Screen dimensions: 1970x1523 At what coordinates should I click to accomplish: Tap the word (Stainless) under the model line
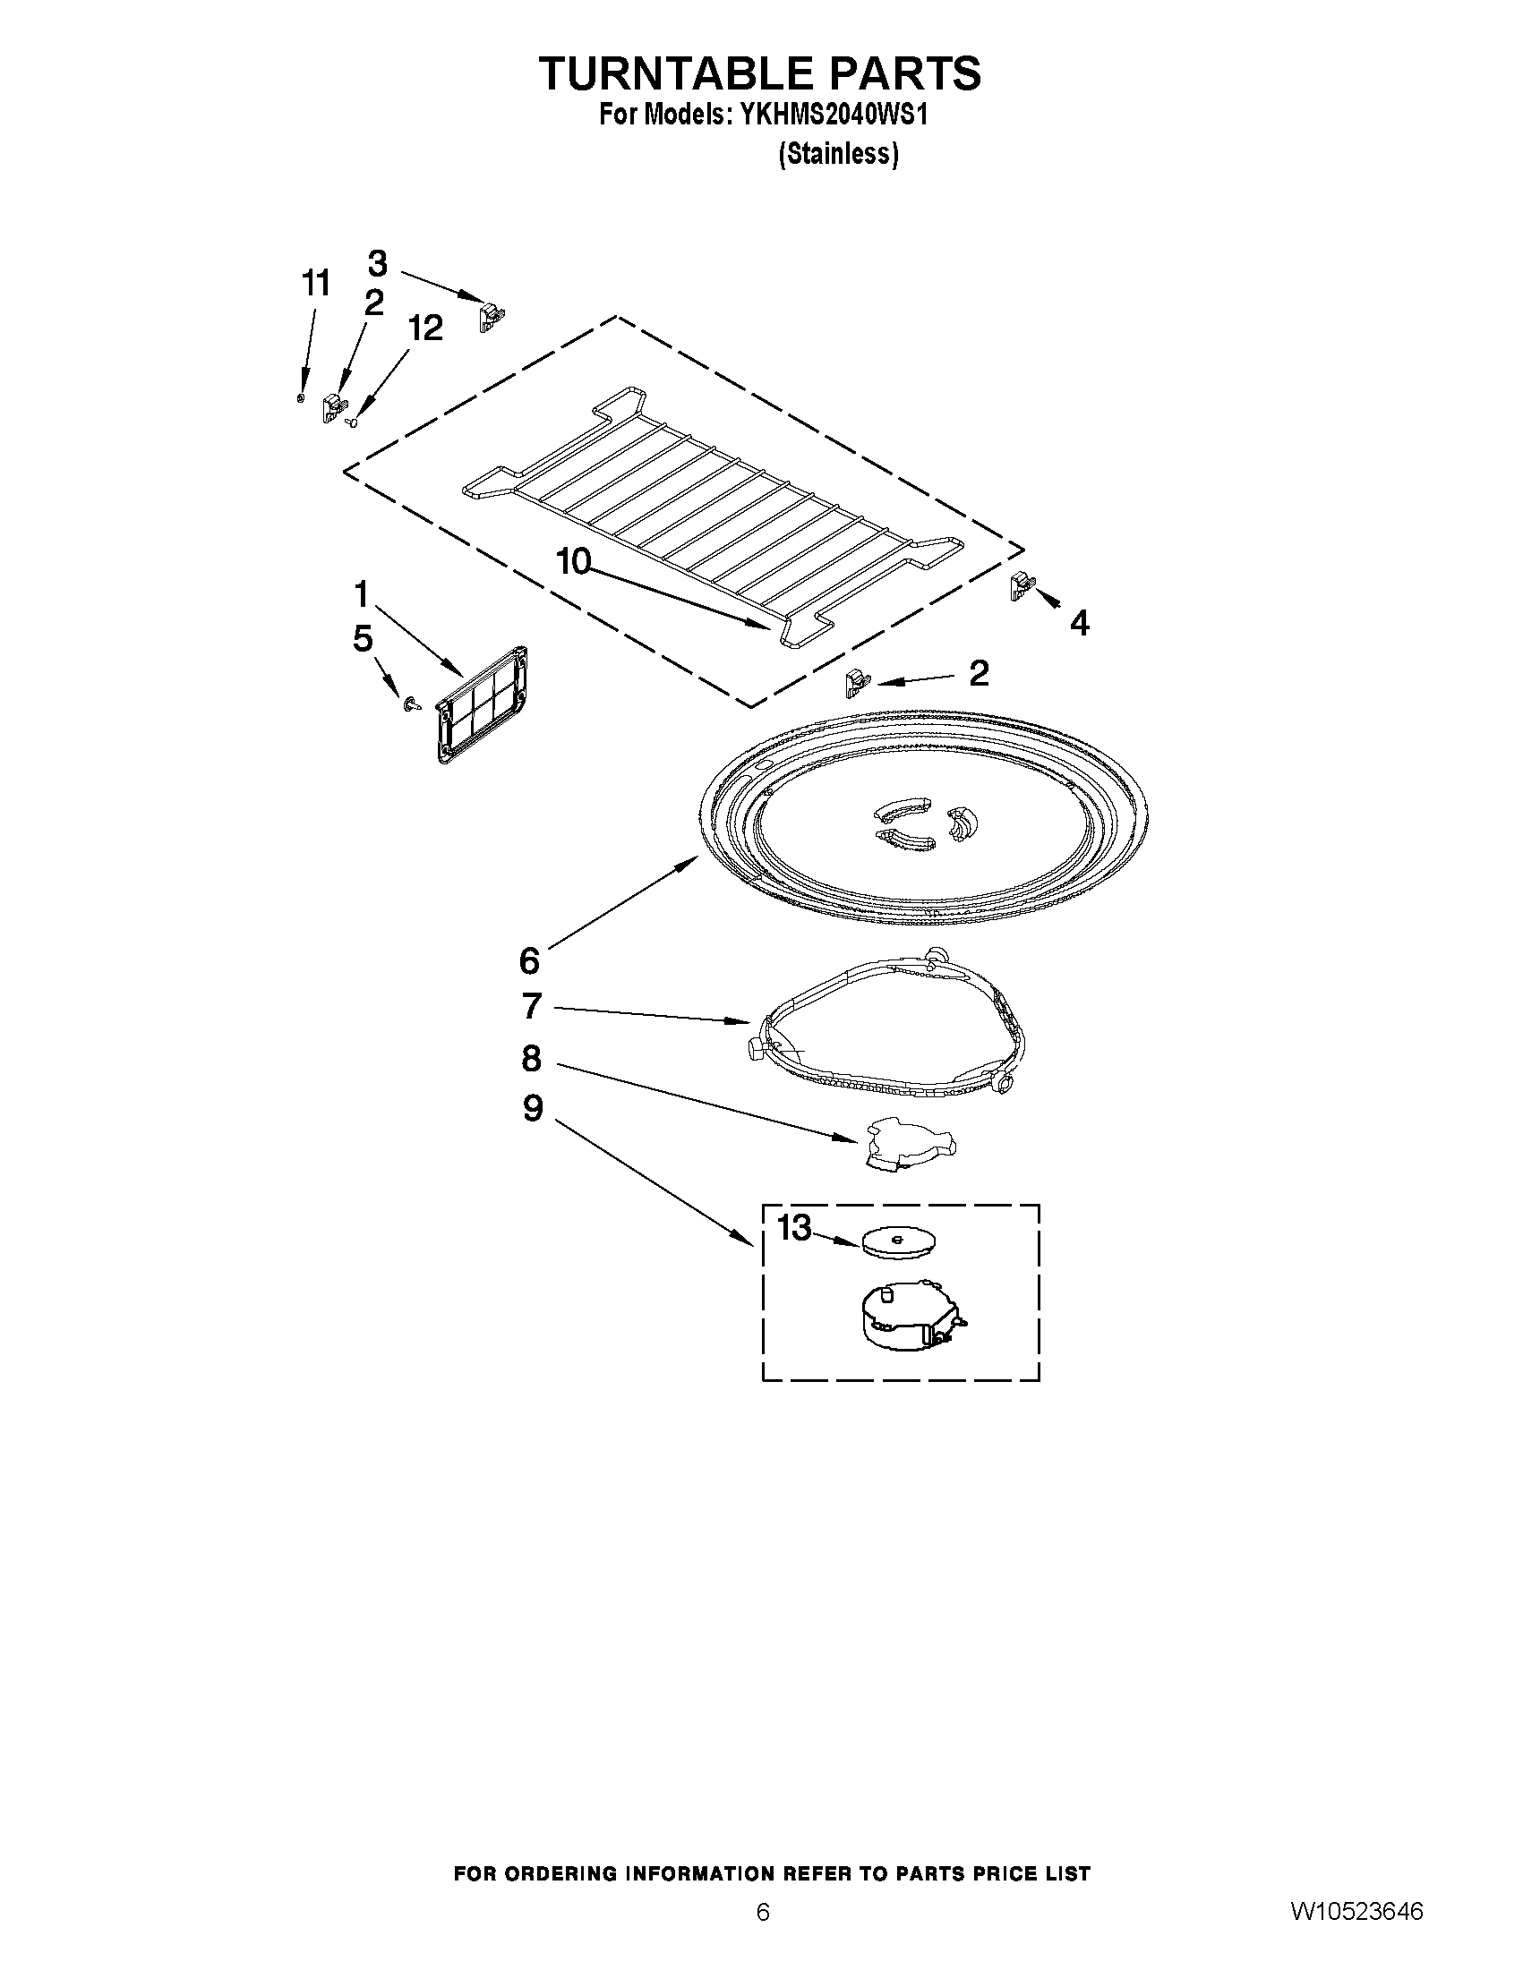pyautogui.click(x=838, y=155)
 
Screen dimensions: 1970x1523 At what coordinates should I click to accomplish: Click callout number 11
pyautogui.click(x=315, y=283)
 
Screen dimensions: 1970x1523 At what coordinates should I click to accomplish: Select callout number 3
pyautogui.click(x=377, y=263)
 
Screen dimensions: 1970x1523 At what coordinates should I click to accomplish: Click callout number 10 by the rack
pyautogui.click(x=573, y=561)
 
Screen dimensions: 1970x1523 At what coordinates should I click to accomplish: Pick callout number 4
pyautogui.click(x=1079, y=621)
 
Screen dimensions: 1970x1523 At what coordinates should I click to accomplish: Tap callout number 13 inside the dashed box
pyautogui.click(x=794, y=1228)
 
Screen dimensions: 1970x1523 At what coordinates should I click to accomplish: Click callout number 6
pyautogui.click(x=530, y=959)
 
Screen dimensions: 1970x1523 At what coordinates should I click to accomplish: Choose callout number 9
pyautogui.click(x=533, y=1108)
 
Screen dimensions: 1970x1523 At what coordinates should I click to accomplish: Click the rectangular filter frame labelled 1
pyautogui.click(x=482, y=705)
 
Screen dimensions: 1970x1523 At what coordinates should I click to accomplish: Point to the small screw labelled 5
pyautogui.click(x=413, y=704)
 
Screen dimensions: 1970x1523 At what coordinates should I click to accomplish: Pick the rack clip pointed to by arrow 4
pyautogui.click(x=1021, y=586)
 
